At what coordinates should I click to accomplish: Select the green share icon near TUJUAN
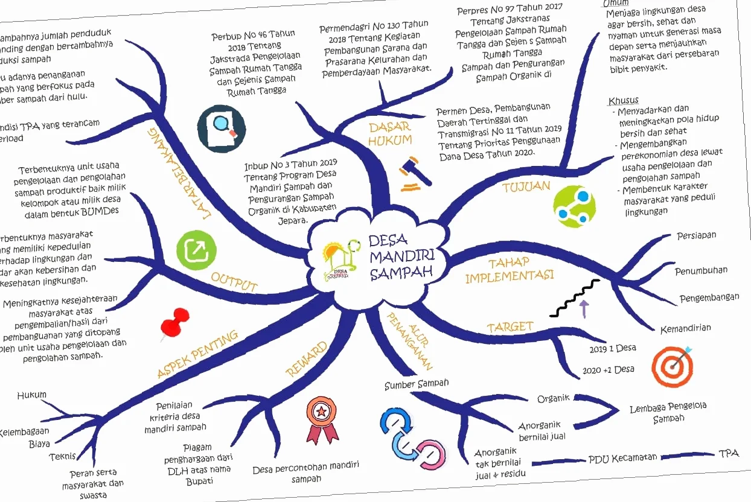click(x=574, y=206)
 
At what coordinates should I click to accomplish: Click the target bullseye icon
click(x=672, y=366)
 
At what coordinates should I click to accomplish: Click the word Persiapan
click(x=696, y=235)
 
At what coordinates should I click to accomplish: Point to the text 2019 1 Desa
click(x=613, y=349)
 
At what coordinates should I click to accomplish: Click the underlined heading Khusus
click(x=624, y=100)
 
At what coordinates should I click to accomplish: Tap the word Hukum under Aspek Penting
click(x=31, y=395)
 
